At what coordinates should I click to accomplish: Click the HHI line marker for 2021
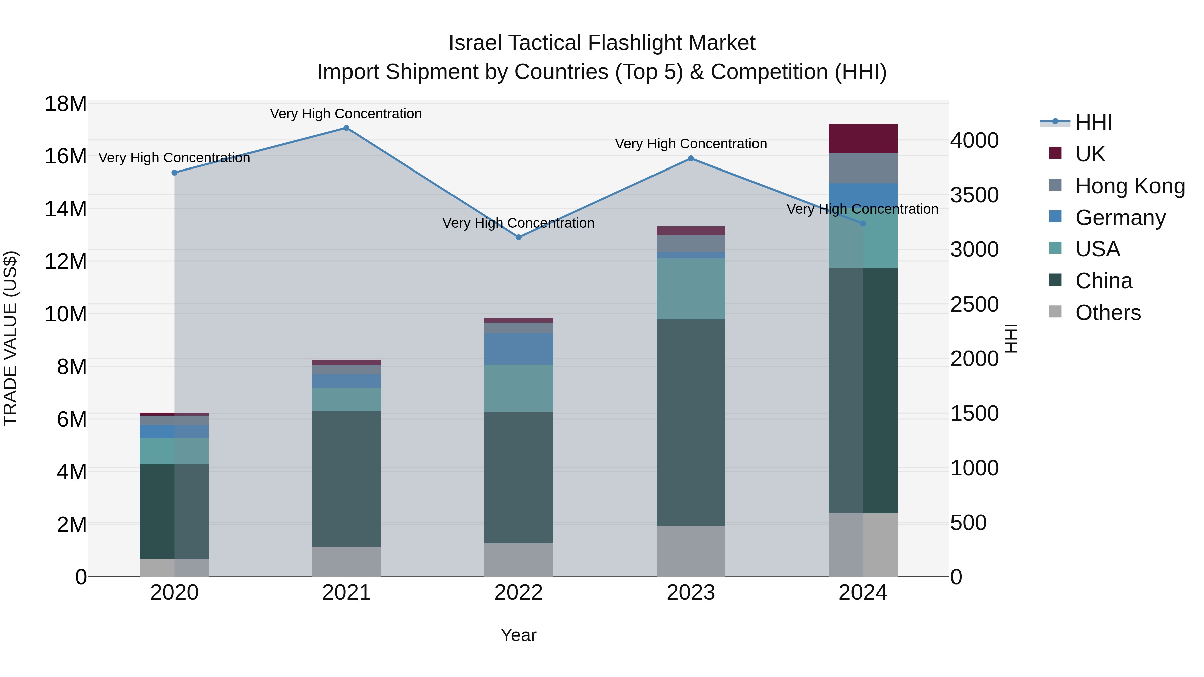pyautogui.click(x=346, y=128)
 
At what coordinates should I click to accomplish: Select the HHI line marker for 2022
pyautogui.click(x=518, y=237)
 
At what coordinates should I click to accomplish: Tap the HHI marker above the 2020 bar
pyautogui.click(x=174, y=173)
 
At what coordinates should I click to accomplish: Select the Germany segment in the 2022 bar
pyautogui.click(x=518, y=349)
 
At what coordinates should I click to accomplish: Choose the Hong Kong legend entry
pyautogui.click(x=1130, y=186)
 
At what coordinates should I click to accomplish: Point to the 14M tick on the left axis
pyautogui.click(x=66, y=209)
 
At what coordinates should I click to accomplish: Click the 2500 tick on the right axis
pyautogui.click(x=975, y=305)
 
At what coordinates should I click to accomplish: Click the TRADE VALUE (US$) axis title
pyautogui.click(x=10, y=338)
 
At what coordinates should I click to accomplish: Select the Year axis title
pyautogui.click(x=518, y=635)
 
